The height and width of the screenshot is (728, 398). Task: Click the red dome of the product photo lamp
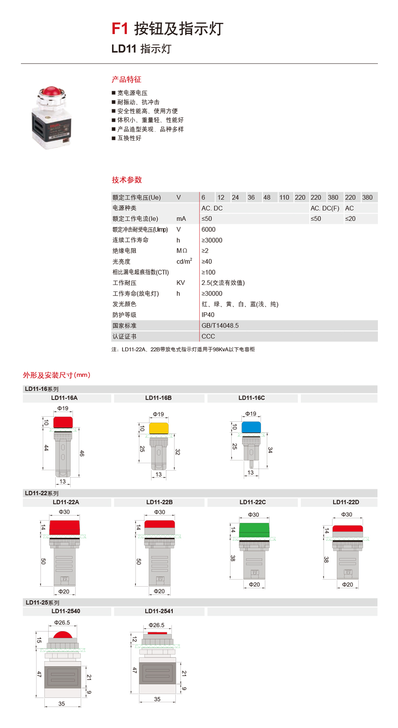51,91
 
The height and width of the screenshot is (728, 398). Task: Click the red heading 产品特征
126,80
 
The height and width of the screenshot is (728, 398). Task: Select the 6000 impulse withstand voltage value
208,230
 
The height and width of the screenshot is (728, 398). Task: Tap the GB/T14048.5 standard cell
220,325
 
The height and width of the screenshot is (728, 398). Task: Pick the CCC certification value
208,336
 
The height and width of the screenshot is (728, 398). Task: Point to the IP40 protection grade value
208,315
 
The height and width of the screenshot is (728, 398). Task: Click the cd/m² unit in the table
184,262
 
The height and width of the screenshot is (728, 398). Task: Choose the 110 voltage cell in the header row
284,198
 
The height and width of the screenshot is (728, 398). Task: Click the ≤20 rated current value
350,219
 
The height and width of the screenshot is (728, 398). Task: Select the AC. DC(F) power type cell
325,208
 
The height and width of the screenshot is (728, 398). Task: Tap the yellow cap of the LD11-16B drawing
159,428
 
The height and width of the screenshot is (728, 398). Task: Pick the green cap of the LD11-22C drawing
254,530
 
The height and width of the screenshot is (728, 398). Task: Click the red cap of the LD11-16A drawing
63,422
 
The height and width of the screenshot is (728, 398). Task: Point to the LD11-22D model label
345,502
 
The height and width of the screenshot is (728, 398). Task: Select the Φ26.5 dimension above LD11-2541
156,625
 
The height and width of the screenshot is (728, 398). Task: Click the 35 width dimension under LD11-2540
62,703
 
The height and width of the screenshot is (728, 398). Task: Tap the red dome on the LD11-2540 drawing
62,636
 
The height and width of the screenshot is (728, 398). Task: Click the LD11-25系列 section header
42,603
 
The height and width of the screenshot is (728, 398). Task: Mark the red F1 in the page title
120,29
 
